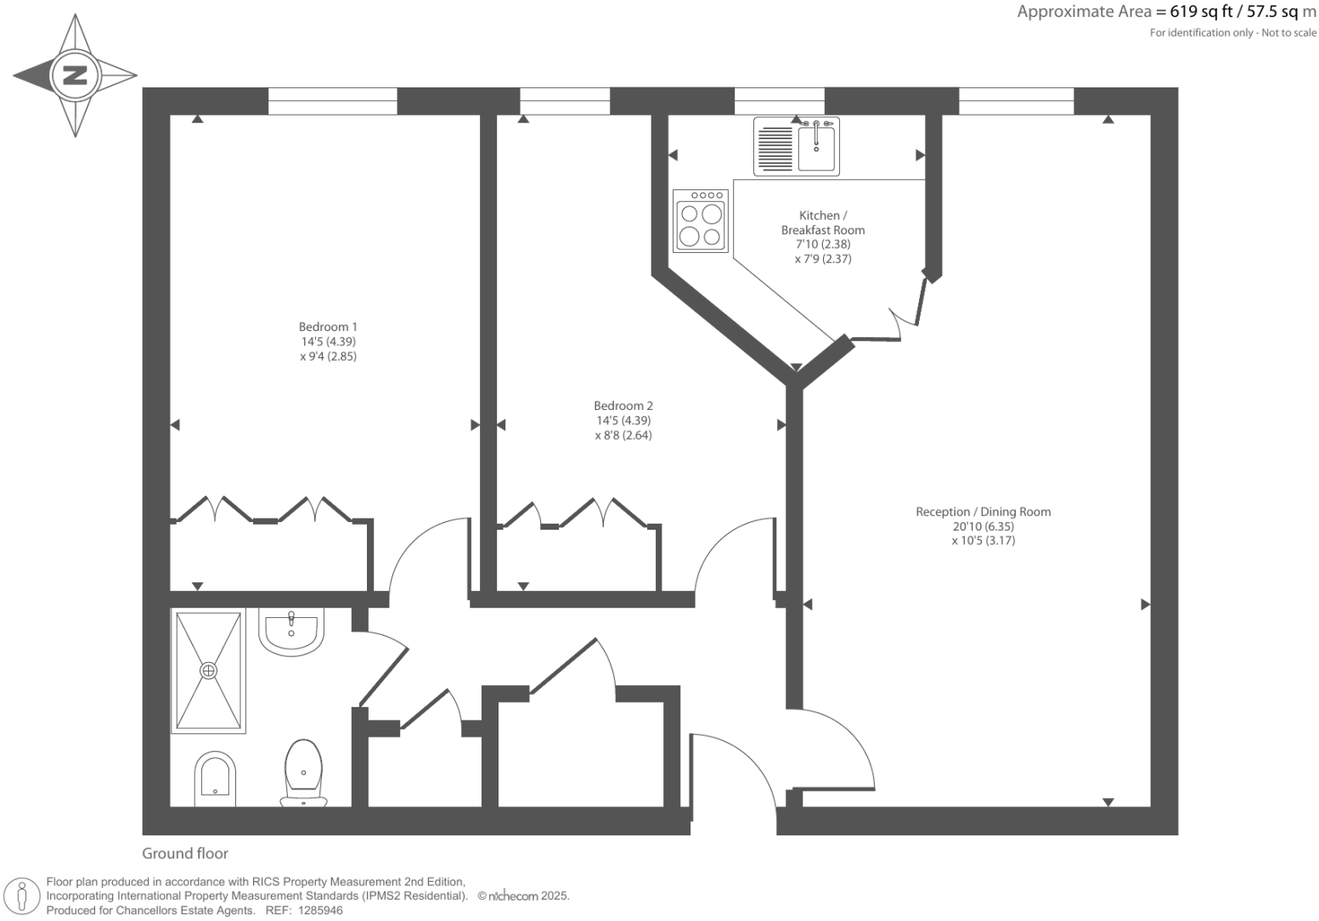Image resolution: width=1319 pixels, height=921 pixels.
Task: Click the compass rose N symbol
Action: [x=76, y=76]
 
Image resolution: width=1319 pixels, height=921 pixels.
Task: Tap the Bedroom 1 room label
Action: [x=328, y=327]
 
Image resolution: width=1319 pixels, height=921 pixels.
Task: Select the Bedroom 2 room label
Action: [x=623, y=406]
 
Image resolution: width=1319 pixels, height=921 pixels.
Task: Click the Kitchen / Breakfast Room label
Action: [x=822, y=222]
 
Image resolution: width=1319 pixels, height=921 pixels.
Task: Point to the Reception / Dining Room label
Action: [x=983, y=512]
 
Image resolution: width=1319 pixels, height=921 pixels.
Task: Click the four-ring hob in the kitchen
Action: [x=701, y=221]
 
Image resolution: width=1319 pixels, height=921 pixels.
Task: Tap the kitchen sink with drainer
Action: [x=797, y=147]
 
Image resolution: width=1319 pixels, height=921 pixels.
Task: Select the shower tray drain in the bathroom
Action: [x=208, y=671]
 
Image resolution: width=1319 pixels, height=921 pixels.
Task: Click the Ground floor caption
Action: [x=185, y=854]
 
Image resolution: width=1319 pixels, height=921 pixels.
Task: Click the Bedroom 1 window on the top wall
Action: [x=332, y=101]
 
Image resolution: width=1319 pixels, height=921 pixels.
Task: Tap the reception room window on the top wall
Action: [x=1016, y=101]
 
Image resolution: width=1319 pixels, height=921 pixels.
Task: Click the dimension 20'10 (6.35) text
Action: [x=983, y=526]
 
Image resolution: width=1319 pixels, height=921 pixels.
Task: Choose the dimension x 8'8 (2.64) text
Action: [x=623, y=435]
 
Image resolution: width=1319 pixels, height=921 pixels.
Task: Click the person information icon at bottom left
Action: [x=22, y=896]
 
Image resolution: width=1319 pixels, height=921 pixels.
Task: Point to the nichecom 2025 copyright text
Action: [x=523, y=896]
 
